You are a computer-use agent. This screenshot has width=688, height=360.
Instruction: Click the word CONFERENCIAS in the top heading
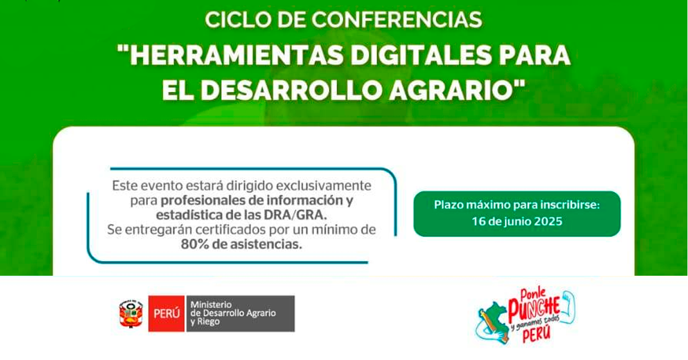pos(397,20)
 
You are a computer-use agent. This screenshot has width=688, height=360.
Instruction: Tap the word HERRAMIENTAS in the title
pos(236,55)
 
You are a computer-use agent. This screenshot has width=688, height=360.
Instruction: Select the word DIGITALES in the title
pos(421,55)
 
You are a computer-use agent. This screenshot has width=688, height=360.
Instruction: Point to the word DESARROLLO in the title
pos(291,90)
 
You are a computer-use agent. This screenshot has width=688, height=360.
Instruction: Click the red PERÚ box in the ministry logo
pos(166,314)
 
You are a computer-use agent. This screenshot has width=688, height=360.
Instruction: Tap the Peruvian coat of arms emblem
pos(131,314)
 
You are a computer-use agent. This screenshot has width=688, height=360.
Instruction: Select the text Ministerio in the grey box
pos(211,305)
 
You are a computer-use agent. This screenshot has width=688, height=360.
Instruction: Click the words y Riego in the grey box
pos(205,322)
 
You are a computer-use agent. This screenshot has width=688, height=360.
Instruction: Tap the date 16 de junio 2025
pos(517,221)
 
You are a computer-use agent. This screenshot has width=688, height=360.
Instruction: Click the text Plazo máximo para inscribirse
pos(517,205)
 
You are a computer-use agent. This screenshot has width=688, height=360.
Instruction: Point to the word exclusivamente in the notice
pos(324,186)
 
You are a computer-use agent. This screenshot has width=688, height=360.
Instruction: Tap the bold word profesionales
pos(202,201)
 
